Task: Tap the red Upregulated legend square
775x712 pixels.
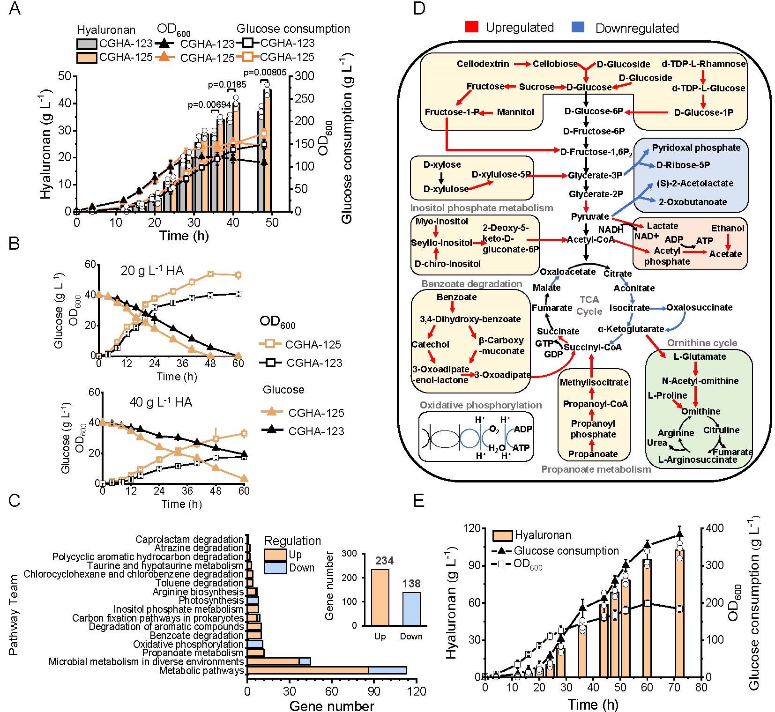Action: [472, 27]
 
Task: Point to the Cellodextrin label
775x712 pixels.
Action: [483, 64]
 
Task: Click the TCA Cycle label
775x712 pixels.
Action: [589, 305]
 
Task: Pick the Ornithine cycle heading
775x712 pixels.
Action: [702, 343]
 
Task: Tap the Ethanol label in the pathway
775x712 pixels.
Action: [727, 228]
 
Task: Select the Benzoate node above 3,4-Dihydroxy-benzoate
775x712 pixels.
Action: [456, 297]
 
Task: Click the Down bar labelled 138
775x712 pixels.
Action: [411, 608]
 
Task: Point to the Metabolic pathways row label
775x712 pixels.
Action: [201, 670]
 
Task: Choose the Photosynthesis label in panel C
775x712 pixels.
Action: [211, 601]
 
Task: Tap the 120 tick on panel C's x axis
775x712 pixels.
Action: [417, 691]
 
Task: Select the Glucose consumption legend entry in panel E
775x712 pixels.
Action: [566, 551]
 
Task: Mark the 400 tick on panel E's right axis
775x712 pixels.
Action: [716, 528]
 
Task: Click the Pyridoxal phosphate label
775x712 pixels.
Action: [696, 148]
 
